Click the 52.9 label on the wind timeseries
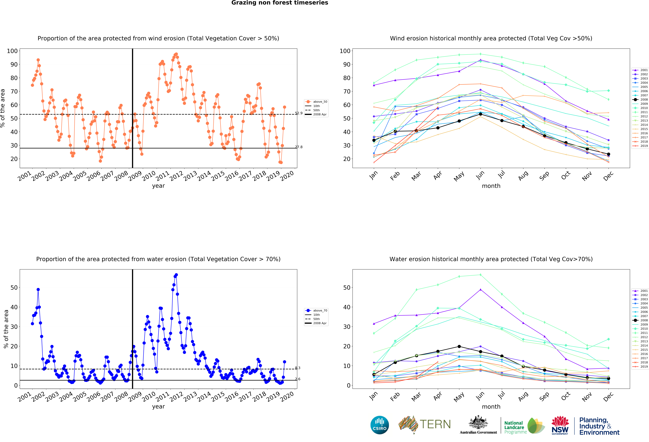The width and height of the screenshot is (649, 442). (298, 113)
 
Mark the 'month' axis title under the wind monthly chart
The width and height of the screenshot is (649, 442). (491, 186)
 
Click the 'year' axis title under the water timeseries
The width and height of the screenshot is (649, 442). (158, 406)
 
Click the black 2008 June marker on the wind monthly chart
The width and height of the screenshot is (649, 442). (480, 114)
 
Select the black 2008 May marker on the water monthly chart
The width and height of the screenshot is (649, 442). (459, 346)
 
